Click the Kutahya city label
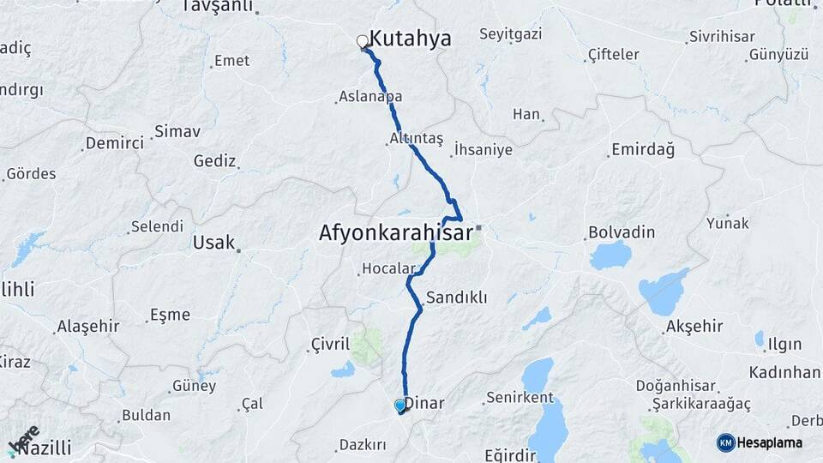(x=410, y=39)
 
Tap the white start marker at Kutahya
(x=362, y=41)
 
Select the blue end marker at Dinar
(x=400, y=406)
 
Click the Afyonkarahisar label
(x=396, y=232)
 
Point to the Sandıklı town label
(x=457, y=298)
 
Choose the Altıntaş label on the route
(x=417, y=138)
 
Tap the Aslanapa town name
(x=370, y=97)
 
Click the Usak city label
(x=213, y=243)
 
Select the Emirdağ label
(x=642, y=150)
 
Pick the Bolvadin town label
(x=622, y=232)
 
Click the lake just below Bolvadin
(x=610, y=256)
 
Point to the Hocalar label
(x=388, y=269)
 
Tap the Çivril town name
(x=330, y=345)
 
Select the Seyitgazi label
(x=512, y=35)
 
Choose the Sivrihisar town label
(x=722, y=38)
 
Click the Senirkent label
(x=520, y=398)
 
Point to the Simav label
(x=177, y=132)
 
